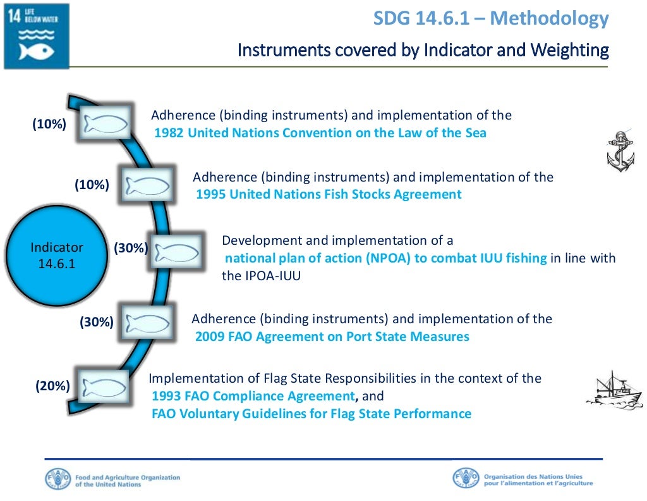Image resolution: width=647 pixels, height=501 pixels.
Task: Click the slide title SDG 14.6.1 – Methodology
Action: point(491,18)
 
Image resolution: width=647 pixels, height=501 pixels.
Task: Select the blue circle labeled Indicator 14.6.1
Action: point(57,255)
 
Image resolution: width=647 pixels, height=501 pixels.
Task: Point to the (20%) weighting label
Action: point(53,386)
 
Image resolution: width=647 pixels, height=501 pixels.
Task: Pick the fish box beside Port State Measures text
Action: point(147,323)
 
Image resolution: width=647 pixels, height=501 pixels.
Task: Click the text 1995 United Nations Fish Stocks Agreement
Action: point(329,195)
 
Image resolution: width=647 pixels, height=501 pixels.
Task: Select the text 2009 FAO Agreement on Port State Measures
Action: point(332,337)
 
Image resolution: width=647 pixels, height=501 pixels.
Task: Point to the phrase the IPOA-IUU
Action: point(260,276)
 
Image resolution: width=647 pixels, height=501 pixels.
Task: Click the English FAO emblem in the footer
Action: point(58,479)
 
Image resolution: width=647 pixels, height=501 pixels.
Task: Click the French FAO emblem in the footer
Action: point(466,479)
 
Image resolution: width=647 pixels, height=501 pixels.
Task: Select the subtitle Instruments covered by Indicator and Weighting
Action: point(423,50)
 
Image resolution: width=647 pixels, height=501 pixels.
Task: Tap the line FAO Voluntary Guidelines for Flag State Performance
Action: point(311,414)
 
